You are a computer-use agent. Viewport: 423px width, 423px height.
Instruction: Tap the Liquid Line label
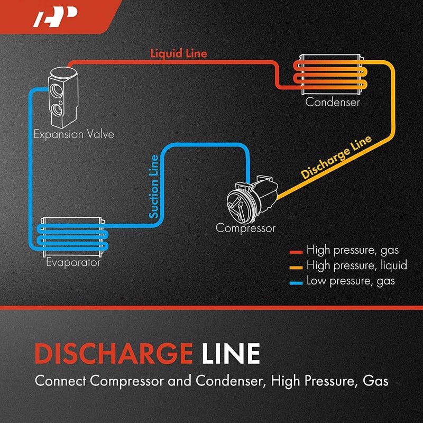tap(179, 53)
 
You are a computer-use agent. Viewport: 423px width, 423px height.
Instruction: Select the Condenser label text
tap(333, 102)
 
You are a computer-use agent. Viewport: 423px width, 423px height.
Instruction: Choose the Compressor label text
tap(245, 228)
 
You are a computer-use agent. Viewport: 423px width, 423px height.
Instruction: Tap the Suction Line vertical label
tap(153, 187)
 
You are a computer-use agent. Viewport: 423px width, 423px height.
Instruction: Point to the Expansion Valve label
tap(73, 134)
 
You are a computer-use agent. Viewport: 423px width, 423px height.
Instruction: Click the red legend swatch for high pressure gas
tap(296, 251)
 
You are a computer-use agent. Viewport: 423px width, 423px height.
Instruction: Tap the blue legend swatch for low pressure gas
tap(296, 282)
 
